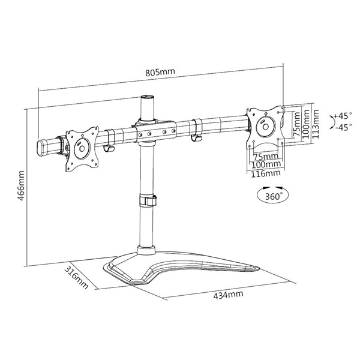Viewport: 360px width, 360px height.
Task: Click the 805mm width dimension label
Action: pyautogui.click(x=160, y=73)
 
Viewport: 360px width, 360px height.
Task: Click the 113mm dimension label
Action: pyautogui.click(x=316, y=124)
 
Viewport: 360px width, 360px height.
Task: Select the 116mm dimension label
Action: pyautogui.click(x=265, y=173)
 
